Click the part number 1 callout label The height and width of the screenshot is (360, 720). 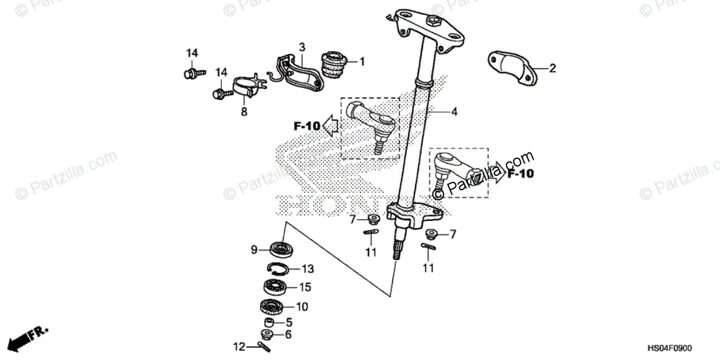pos(362,61)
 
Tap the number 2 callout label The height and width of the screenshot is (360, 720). pos(553,68)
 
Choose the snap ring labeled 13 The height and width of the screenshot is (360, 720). pos(278,269)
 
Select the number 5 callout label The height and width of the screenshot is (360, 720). pos(289,322)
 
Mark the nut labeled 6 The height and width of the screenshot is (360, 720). pos(268,334)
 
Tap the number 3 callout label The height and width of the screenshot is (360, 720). pos(302,47)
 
